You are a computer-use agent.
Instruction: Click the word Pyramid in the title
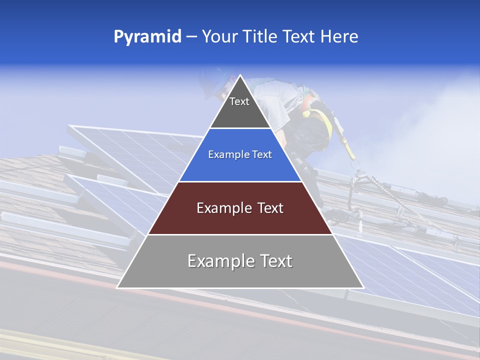(147, 36)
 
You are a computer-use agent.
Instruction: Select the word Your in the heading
(220, 36)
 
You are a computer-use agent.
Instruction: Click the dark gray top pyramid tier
(240, 112)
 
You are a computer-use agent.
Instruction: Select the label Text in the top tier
(239, 101)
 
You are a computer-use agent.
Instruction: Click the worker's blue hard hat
(212, 82)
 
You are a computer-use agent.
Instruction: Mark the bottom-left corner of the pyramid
(117, 287)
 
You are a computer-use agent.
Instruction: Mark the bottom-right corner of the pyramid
(363, 287)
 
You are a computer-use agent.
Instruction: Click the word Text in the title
(298, 36)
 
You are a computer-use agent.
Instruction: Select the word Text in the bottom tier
(274, 261)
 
